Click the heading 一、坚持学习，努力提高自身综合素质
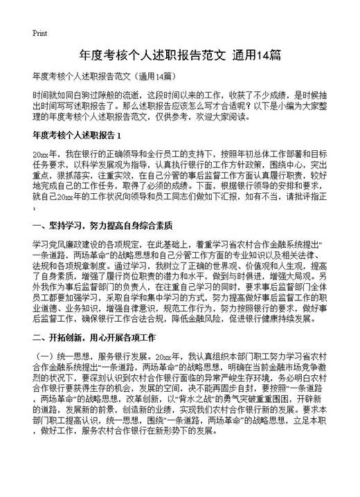pyautogui.click(x=102, y=226)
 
